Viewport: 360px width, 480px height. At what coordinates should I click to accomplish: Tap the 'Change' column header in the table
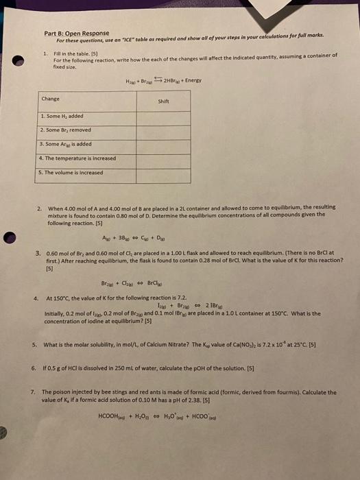click(51, 99)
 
